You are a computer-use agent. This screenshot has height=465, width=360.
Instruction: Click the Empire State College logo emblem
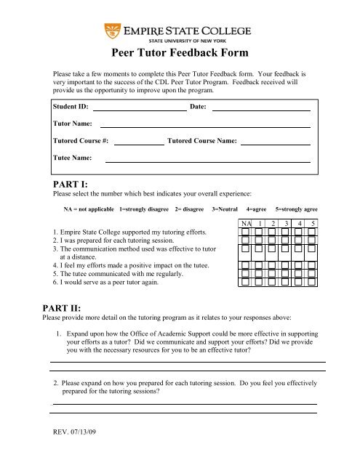click(x=111, y=31)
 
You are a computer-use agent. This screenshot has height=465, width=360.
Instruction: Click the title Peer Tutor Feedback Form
click(x=180, y=53)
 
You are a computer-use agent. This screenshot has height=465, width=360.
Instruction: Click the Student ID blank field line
click(x=139, y=109)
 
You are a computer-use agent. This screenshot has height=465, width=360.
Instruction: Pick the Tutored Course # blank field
click(x=138, y=143)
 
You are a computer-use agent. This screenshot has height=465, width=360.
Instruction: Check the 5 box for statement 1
click(x=312, y=233)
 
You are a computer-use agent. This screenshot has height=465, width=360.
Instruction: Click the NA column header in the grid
click(x=247, y=223)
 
